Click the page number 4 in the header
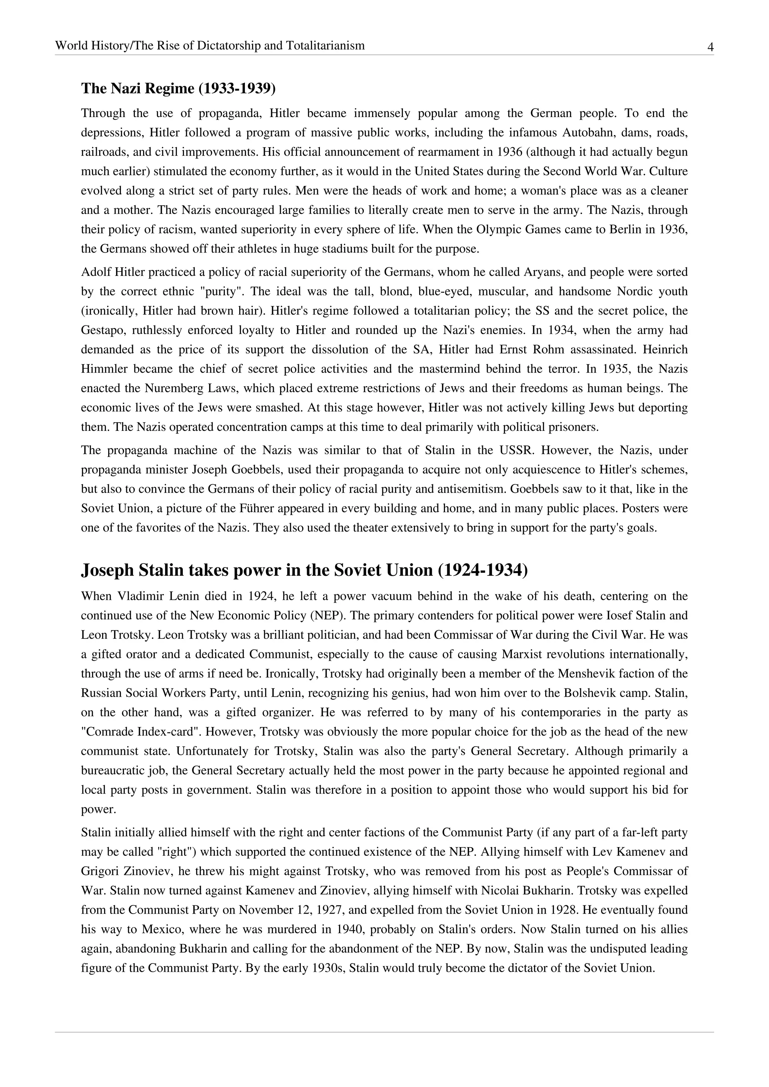click(x=710, y=47)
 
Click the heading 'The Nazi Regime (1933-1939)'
click(x=178, y=89)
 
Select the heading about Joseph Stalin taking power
click(x=304, y=570)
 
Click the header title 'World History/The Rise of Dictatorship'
click(x=210, y=45)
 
